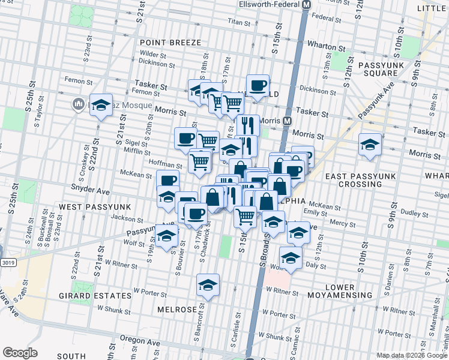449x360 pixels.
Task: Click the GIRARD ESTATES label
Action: coord(95,296)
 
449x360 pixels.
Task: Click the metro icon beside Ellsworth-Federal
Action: coord(306,5)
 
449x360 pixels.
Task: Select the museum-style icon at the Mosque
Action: coord(78,104)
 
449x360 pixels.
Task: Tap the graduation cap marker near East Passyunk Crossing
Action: coord(370,144)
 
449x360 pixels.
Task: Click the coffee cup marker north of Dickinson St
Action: coord(258,85)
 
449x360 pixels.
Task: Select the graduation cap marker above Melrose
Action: coord(208,284)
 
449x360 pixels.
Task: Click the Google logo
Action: coord(20,352)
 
